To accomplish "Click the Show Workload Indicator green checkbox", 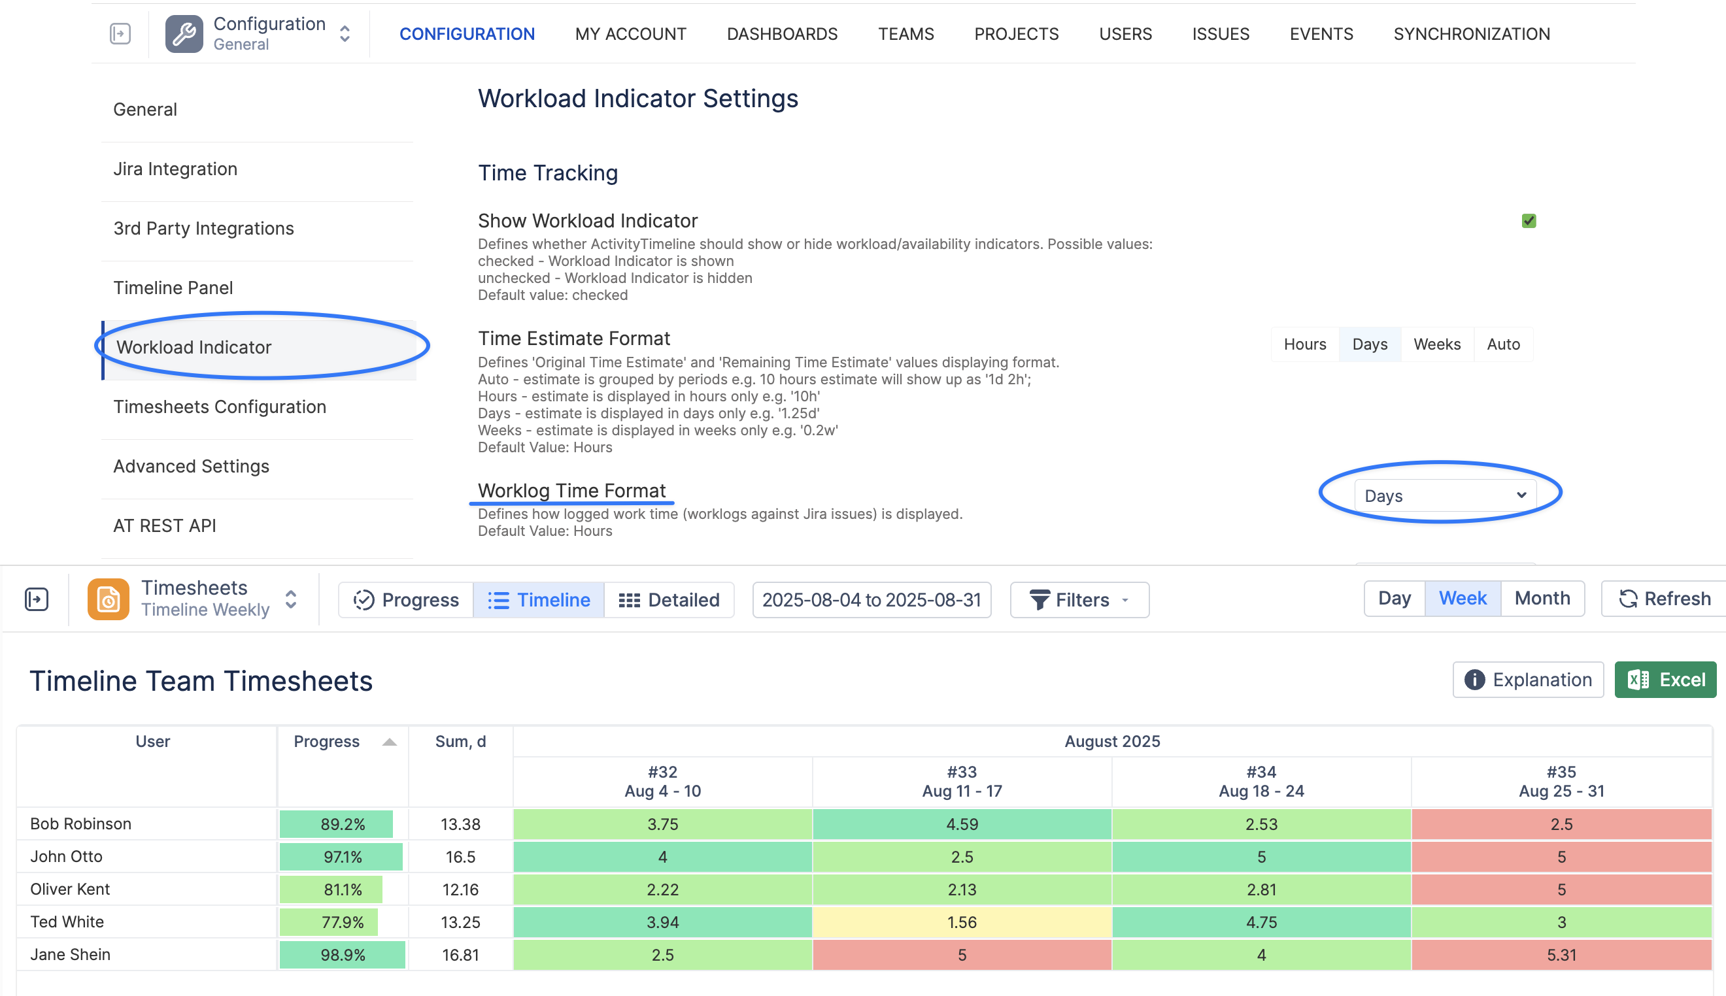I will [1529, 221].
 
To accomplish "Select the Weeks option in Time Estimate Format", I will [1436, 344].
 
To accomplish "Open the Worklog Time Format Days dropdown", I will [1445, 495].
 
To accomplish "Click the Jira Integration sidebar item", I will [175, 169].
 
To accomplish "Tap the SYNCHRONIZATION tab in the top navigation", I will [1472, 34].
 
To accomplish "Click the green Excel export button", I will [1665, 679].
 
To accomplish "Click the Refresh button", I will [1665, 599].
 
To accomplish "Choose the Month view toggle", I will [1542, 599].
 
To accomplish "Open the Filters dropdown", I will [1079, 600].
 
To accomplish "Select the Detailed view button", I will [669, 600].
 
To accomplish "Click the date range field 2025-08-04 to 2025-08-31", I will [871, 600].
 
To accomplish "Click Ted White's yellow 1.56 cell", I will [962, 922].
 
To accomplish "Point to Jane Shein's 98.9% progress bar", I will [342, 955].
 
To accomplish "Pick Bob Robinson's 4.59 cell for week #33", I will [962, 824].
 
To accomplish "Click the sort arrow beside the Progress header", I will [389, 742].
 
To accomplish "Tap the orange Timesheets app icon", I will [108, 599].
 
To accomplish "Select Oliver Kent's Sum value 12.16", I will [460, 889].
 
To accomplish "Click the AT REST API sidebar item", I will [165, 525].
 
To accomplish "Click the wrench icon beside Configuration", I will [184, 34].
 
